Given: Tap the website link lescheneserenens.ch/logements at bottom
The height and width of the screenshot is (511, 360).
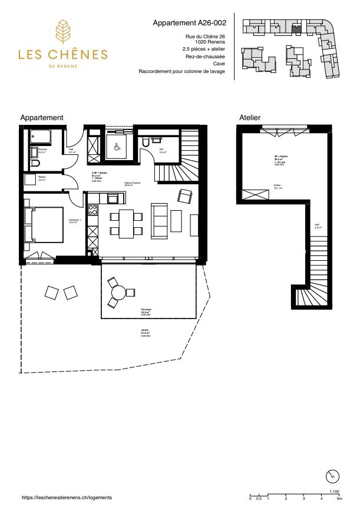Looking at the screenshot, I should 66,497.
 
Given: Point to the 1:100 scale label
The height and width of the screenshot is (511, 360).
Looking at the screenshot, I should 334,490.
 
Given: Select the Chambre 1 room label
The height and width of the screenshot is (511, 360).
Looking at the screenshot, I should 74,222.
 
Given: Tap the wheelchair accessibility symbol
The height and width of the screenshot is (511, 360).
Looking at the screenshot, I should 117,147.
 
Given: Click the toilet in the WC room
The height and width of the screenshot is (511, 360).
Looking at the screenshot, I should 146,144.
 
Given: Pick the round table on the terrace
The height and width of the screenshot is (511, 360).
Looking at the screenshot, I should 117,292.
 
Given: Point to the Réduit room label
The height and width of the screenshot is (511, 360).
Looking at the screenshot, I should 42,177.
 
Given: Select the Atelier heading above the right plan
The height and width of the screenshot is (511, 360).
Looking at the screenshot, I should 249,118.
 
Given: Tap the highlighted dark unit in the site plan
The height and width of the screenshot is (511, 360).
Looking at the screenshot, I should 298,26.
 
